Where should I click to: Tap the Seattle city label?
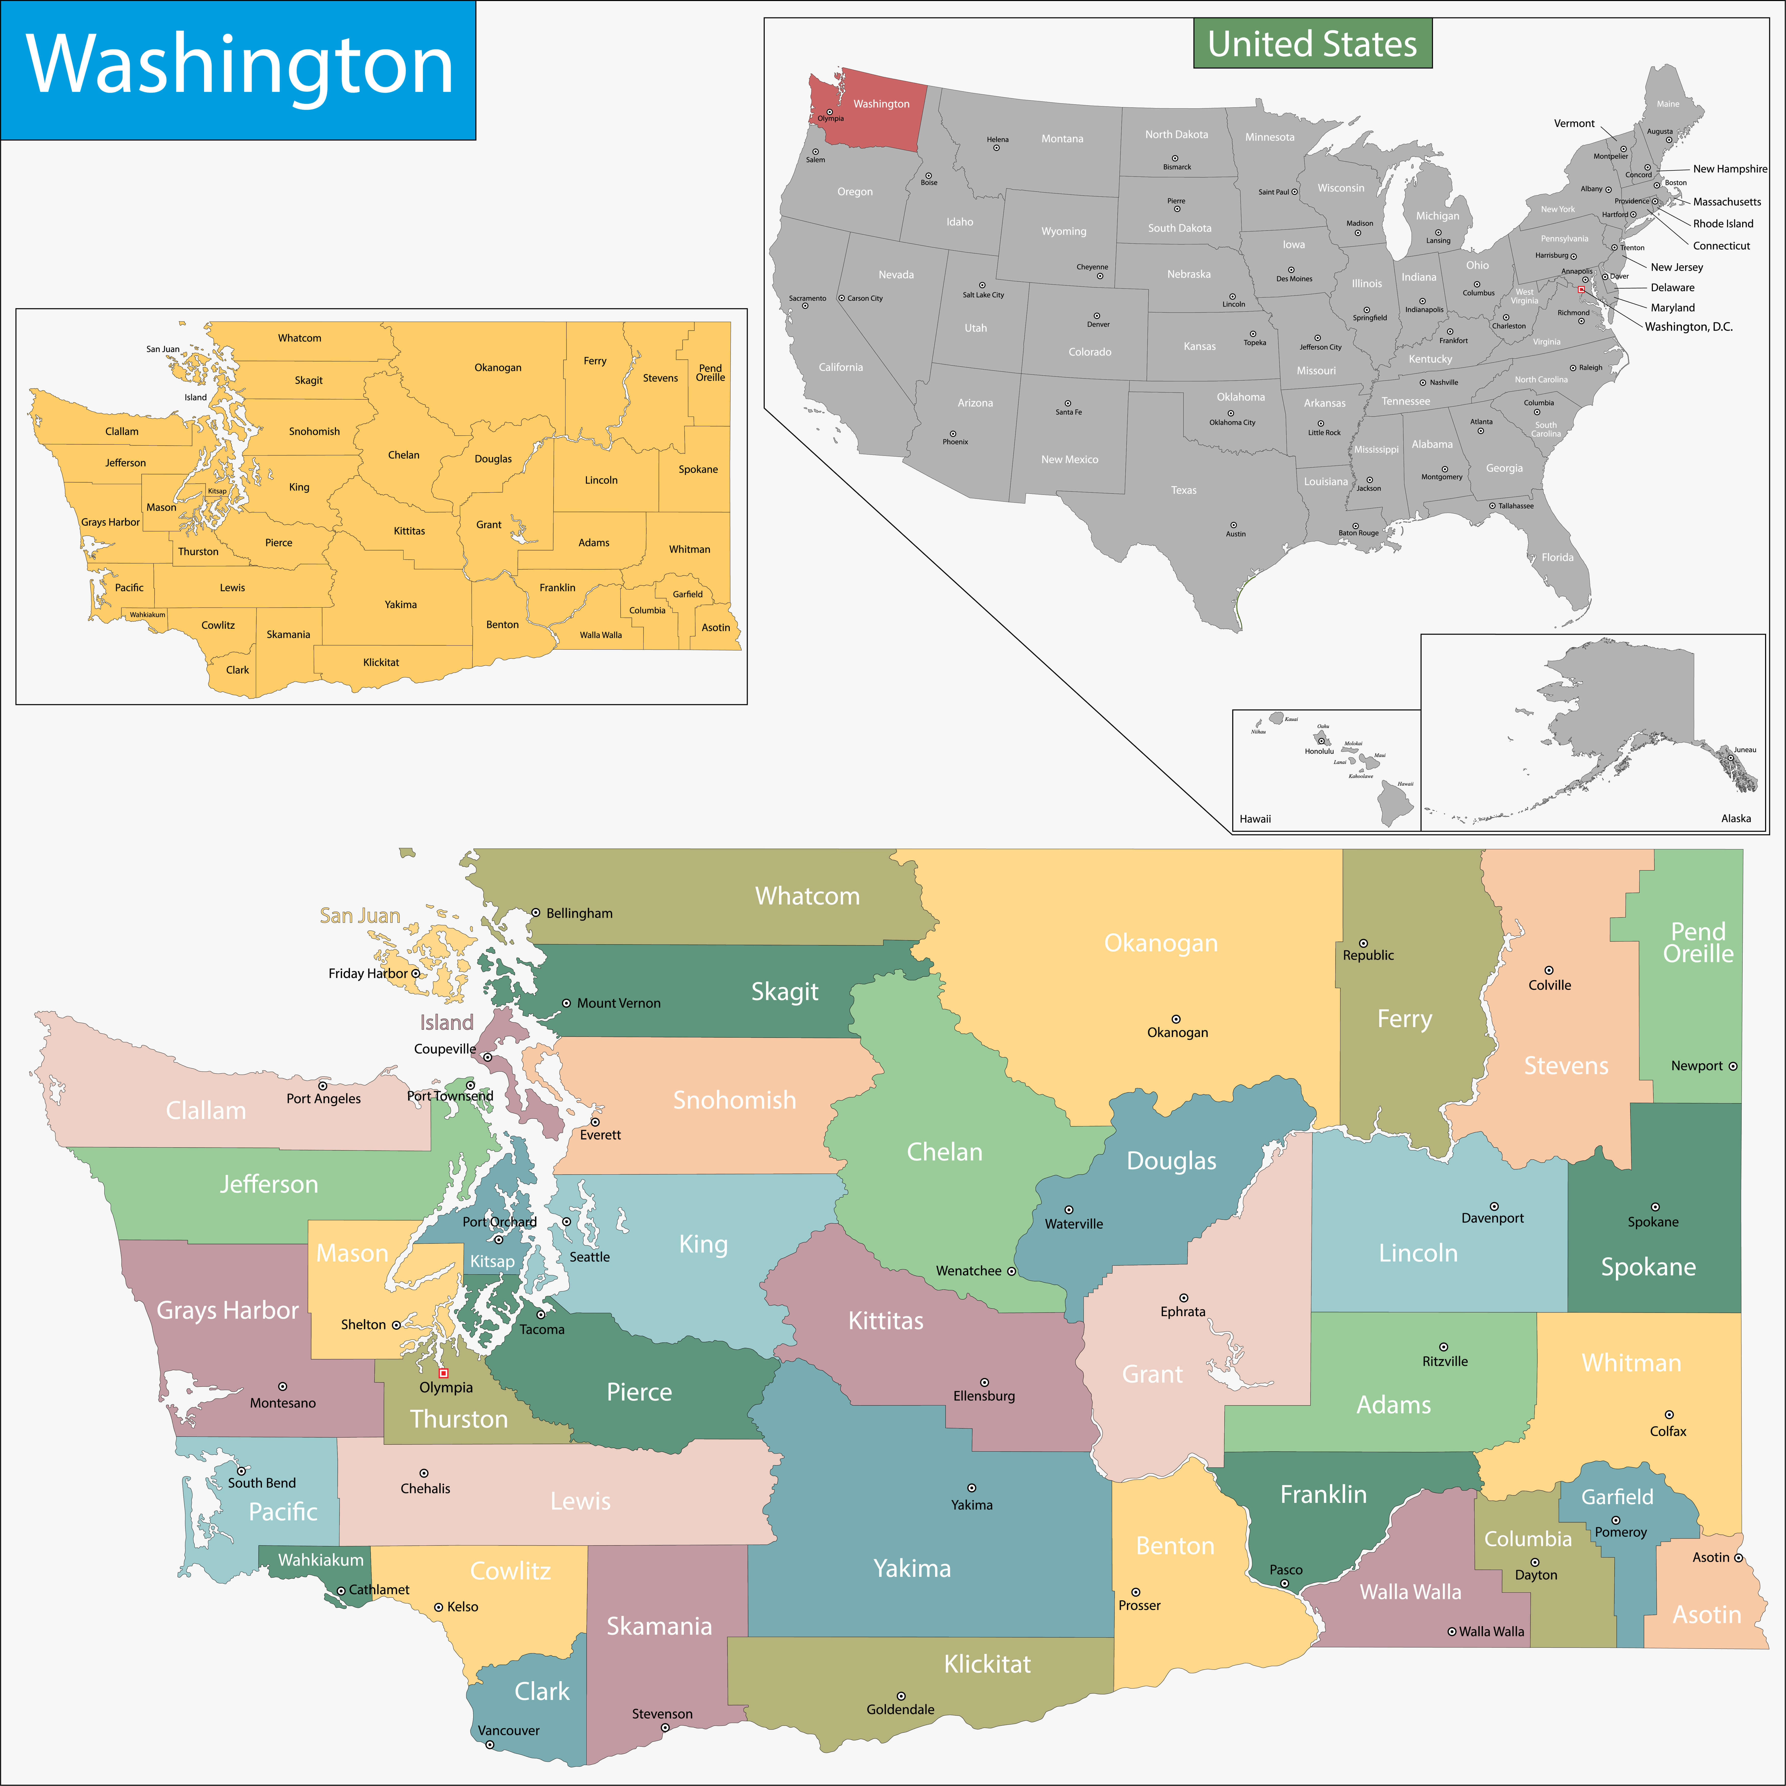(589, 1257)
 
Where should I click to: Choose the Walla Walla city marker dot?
(1451, 1632)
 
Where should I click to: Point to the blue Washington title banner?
(238, 69)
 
